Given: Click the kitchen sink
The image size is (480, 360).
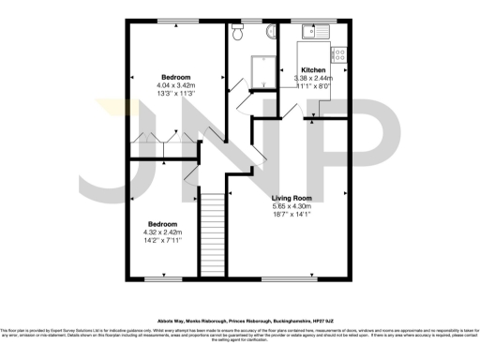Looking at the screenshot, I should [315, 34].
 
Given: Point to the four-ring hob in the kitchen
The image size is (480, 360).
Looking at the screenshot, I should [340, 57].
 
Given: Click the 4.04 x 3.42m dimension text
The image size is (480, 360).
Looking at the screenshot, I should [176, 85].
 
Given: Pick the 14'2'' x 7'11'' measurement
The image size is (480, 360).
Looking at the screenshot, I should [162, 240].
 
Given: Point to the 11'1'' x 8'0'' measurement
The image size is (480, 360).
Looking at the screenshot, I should [312, 85].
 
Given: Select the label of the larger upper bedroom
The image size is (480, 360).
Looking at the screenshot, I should [176, 77].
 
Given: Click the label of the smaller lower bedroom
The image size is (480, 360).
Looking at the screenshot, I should [162, 224].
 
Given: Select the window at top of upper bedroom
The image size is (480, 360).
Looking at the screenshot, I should [176, 20].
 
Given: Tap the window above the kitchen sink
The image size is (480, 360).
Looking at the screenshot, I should [317, 20].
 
